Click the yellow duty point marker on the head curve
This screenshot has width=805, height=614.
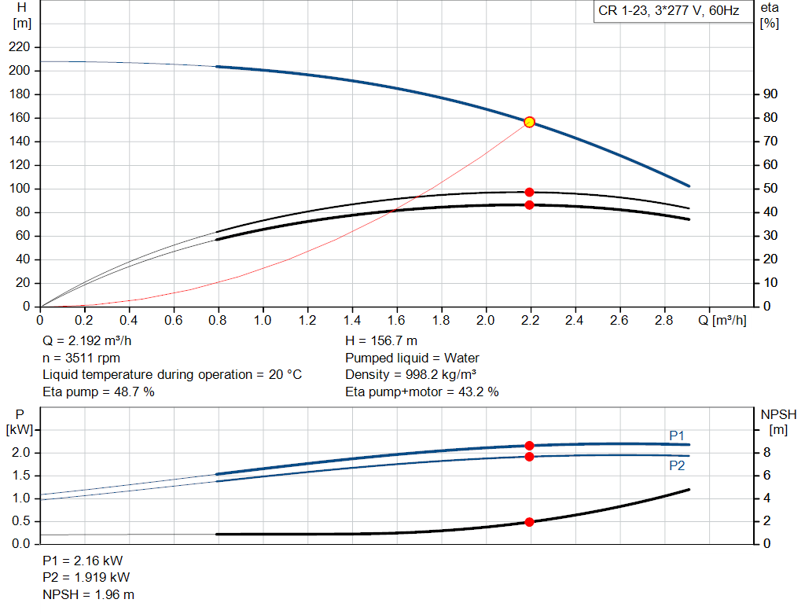point(529,122)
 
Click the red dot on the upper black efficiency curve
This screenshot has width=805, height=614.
point(529,192)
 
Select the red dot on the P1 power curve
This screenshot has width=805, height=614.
point(529,446)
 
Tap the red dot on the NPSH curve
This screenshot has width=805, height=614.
point(529,522)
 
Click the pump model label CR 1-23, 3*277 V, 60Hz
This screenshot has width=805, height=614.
point(669,12)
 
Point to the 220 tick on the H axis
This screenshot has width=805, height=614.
point(21,47)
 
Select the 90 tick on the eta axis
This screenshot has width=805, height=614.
point(770,94)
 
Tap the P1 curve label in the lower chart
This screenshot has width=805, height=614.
point(677,435)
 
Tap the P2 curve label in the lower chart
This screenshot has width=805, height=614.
point(677,465)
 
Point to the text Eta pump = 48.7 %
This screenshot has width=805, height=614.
point(98,391)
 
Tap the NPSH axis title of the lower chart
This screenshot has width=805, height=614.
point(778,414)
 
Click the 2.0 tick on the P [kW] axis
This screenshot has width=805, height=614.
point(21,453)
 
